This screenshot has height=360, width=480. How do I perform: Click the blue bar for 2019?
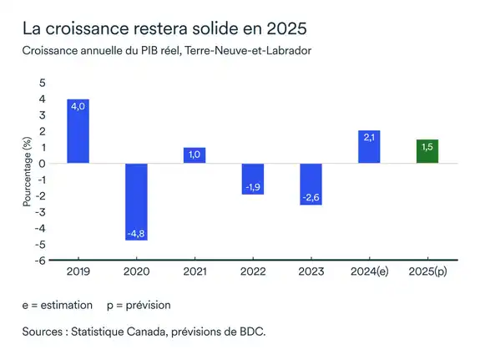(78, 131)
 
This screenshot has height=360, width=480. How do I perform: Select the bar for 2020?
(136, 201)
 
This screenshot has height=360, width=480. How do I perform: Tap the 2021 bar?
(195, 155)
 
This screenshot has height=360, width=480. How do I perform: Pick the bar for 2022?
(253, 179)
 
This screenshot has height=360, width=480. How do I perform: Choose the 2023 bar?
(311, 184)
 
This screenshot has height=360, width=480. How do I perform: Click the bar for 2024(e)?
(369, 147)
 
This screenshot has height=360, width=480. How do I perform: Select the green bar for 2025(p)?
(427, 151)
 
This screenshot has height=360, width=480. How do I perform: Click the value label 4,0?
(78, 107)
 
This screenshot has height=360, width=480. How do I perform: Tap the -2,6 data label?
(311, 197)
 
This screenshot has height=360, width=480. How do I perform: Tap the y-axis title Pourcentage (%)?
(27, 173)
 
